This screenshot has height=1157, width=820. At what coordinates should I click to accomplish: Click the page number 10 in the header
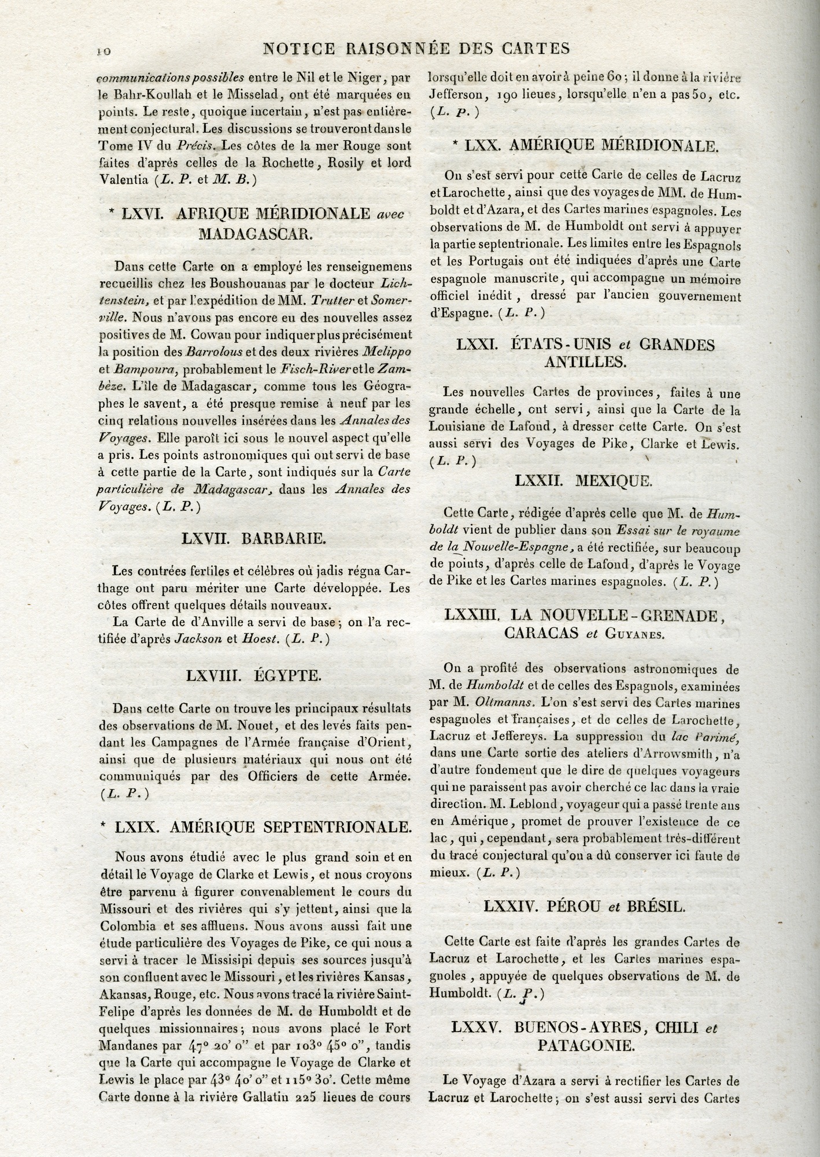104,50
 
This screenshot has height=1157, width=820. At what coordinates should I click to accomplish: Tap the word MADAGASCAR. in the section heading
255,234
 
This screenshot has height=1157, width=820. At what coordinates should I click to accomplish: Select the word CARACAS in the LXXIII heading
541,632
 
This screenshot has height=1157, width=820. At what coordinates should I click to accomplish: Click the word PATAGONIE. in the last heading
584,1045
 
